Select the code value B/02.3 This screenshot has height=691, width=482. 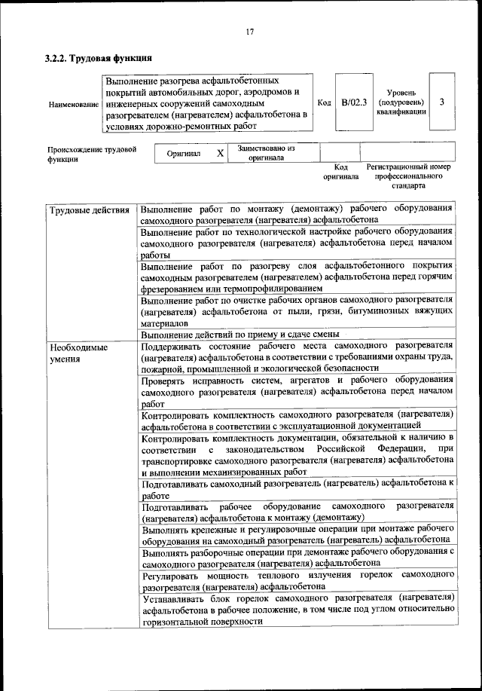pos(353,102)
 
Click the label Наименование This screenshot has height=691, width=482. pos(73,103)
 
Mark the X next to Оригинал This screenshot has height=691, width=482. pos(221,152)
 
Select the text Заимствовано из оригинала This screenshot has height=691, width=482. pos(266,153)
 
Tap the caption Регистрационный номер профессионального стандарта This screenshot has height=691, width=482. pos(408,176)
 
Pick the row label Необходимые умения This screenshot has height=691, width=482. pos(78,353)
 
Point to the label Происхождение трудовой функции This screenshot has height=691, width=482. pos(91,154)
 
